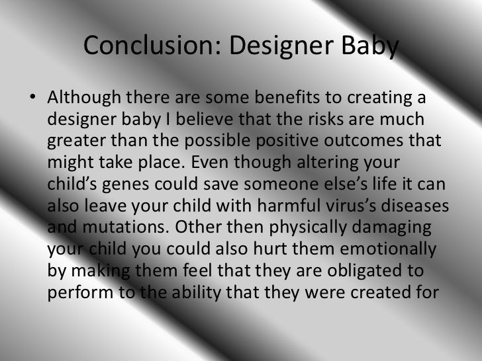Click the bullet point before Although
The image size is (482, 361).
[x=32, y=97]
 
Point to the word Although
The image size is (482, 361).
[x=84, y=98]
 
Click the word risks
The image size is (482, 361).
[x=326, y=119]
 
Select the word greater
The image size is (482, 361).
[x=77, y=141]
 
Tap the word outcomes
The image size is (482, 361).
[x=363, y=140]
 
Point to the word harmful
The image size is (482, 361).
[x=289, y=205]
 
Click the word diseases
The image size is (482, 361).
[x=414, y=205]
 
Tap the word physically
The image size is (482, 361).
[x=308, y=228]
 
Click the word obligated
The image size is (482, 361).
[x=364, y=272]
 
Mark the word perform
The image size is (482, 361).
[x=81, y=292]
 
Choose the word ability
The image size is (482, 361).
[x=197, y=292]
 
